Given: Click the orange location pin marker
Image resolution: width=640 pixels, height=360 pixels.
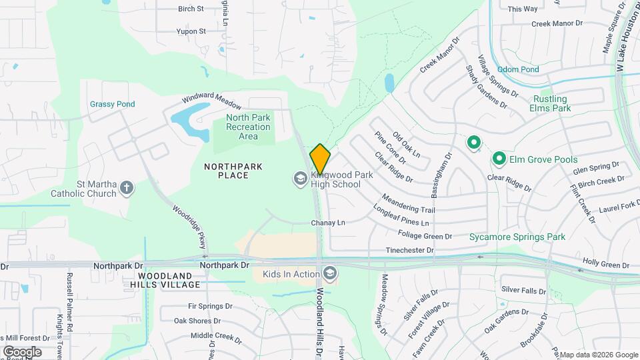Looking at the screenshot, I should click(x=320, y=159).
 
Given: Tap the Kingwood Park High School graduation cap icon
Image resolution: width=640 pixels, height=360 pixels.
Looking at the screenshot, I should click(x=300, y=178).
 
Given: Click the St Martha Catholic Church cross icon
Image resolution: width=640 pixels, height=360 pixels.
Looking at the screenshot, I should click(x=127, y=188).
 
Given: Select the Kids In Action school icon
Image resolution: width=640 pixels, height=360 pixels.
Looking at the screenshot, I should click(x=329, y=273).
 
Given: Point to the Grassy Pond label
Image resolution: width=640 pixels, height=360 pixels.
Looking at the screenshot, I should click(x=113, y=104).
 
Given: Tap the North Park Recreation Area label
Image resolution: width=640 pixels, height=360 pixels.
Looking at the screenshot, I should click(x=248, y=127).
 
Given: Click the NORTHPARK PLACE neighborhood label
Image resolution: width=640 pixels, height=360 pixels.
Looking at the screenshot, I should click(x=233, y=171).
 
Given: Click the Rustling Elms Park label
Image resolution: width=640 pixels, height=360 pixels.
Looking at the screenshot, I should click(x=550, y=103).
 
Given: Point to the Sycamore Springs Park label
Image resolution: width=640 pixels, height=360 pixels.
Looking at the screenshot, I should click(x=517, y=237).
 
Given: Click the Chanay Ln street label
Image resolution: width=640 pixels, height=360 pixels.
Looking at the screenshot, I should click(x=328, y=222).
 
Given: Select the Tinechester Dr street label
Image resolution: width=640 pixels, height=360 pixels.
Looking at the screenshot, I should click(x=410, y=251).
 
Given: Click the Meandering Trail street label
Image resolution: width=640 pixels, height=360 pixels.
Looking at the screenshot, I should click(x=408, y=204).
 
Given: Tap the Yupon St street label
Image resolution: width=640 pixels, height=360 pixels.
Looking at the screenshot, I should click(x=191, y=31).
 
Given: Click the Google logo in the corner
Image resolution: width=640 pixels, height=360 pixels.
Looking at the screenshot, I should click(x=22, y=352).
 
